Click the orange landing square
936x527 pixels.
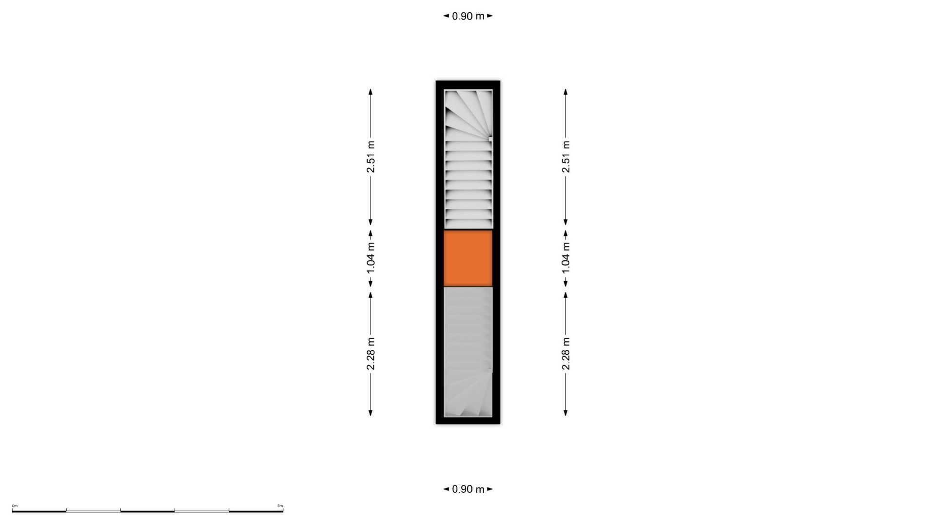468,258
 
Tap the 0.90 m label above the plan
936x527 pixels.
468,16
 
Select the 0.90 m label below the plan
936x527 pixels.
468,489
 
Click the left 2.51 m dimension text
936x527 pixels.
370,157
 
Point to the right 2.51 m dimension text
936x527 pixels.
565,157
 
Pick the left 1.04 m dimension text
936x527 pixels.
370,258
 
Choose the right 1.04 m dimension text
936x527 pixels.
565,258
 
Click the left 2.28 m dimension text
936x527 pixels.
370,354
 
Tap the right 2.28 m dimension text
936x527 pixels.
565,354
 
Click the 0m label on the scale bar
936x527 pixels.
15,506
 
